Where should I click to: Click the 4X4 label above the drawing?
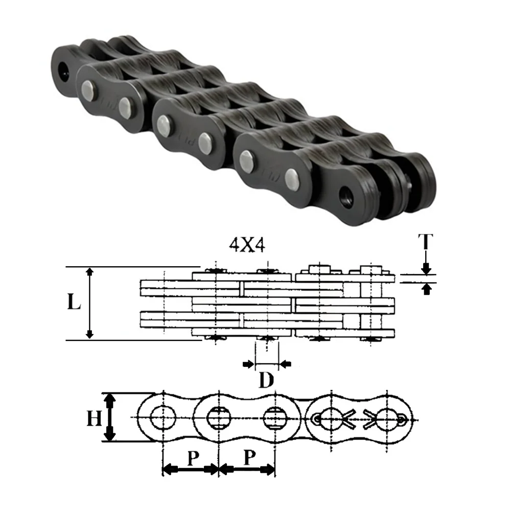point(247,245)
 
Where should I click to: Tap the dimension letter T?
point(426,242)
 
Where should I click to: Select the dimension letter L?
point(74,301)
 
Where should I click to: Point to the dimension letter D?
point(266,380)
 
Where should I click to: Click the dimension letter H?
point(94,418)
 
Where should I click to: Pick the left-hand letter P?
point(193,458)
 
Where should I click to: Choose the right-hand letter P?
point(250,457)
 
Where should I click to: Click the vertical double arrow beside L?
point(89,303)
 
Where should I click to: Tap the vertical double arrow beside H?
point(109,417)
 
